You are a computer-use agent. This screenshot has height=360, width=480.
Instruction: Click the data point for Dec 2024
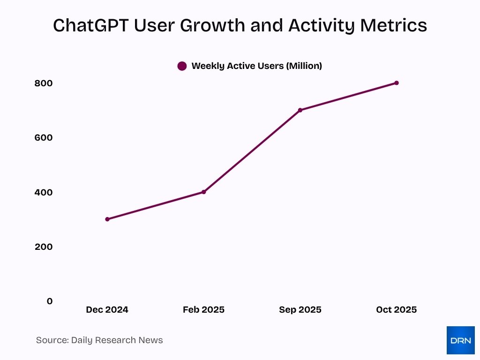pos(107,219)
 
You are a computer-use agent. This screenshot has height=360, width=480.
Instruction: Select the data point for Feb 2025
pos(204,192)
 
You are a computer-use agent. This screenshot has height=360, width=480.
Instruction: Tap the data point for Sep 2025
pos(300,110)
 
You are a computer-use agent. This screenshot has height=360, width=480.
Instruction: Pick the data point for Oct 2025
pos(397,83)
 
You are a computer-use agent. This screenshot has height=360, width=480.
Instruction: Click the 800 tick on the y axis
pos(43,83)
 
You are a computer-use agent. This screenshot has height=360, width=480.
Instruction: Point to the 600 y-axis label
pos(43,138)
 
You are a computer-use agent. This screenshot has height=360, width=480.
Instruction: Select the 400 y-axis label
pos(43,192)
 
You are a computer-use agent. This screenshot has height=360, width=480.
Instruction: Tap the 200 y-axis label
pos(43,247)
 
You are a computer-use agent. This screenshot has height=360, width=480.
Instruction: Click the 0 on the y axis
pos(50,301)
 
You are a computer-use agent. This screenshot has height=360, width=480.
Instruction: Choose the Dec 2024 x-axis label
pos(107,310)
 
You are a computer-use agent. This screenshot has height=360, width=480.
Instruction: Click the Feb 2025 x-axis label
pos(203,310)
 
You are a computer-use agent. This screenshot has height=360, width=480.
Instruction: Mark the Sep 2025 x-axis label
pos(300,310)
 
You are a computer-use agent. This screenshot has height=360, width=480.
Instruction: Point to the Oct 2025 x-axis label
pos(397,310)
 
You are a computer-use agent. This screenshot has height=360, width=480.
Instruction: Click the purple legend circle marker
pos(182,66)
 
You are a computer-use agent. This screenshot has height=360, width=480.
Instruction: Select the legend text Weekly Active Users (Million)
pos(256,66)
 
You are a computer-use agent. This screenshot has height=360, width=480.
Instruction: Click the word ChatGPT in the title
pos(90,26)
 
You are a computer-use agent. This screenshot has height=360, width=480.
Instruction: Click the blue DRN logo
pos(460,340)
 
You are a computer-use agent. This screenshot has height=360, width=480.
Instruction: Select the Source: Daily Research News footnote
pos(99,340)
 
